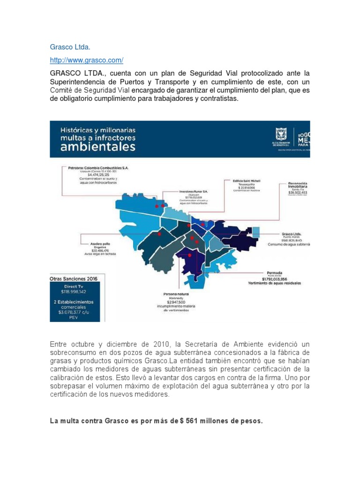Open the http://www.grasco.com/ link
click(87, 60)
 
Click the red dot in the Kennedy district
click(189, 255)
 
